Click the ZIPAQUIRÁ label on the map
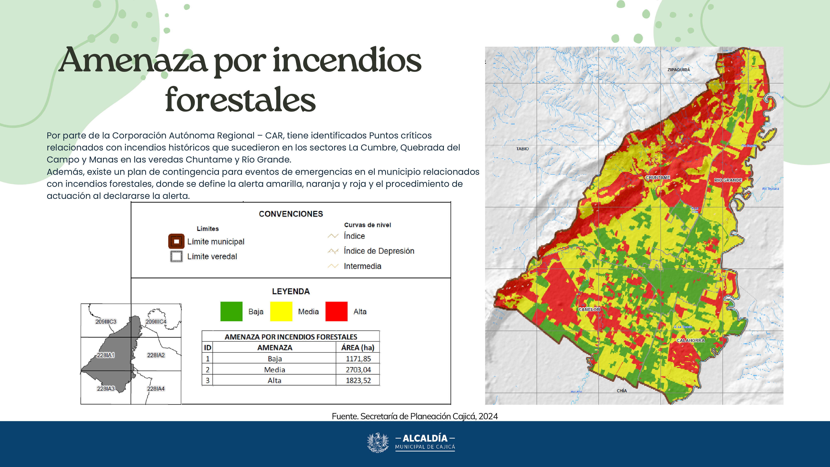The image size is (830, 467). coord(679,70)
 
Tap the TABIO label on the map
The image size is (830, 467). coord(522,149)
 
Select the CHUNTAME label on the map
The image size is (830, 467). coord(657,178)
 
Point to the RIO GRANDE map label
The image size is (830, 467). coord(728,180)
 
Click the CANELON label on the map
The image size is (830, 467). coord(589,309)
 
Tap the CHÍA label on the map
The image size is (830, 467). coord(621,391)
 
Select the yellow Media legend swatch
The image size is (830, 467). coord(281,311)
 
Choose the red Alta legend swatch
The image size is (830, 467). coord(336,311)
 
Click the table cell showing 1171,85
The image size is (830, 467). coord(358,359)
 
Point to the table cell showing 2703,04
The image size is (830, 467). coord(358,370)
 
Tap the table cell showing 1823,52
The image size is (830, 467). coord(358,380)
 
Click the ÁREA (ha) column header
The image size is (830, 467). coord(358,347)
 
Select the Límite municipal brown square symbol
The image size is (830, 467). coord(176,241)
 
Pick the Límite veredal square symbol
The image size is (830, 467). coord(176,257)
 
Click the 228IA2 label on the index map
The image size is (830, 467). coord(156,355)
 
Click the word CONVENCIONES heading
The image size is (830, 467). coord(291,214)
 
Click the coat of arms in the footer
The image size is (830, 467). coord(378,443)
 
